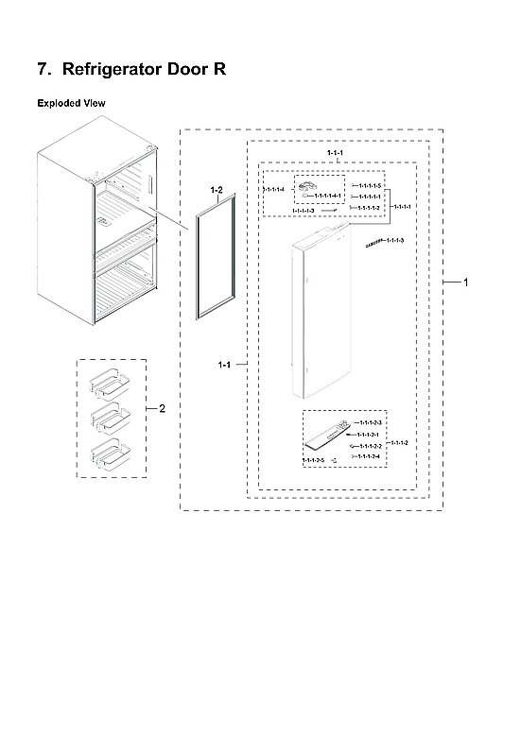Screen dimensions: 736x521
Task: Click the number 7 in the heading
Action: point(42,70)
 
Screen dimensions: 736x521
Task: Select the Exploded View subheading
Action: point(72,102)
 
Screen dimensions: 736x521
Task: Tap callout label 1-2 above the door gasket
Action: point(216,191)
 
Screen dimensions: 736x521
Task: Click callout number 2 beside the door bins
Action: point(162,409)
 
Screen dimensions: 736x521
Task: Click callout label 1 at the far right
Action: point(464,282)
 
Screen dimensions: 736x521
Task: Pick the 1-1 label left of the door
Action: point(223,364)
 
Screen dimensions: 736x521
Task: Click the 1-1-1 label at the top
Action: point(335,153)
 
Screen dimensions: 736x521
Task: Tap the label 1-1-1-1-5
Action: point(371,185)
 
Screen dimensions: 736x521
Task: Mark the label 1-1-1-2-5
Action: point(313,460)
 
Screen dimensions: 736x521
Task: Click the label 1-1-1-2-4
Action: point(369,456)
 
